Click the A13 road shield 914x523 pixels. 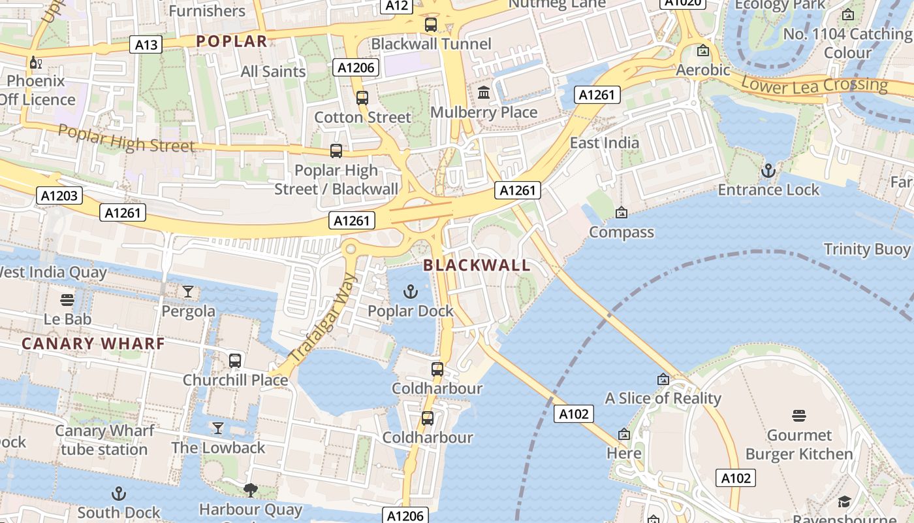[146, 44]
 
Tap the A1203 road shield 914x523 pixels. [59, 195]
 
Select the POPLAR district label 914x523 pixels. [232, 41]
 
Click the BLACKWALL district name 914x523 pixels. [477, 265]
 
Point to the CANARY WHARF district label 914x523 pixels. [93, 343]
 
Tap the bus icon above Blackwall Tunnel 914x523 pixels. [431, 25]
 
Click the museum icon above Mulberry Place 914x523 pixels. [484, 93]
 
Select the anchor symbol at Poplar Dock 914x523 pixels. [411, 292]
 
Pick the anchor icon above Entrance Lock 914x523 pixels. [768, 171]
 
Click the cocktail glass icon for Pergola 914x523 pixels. [188, 292]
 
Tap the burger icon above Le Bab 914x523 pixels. [67, 300]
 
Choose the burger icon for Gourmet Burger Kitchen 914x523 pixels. [799, 416]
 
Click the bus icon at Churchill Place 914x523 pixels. [235, 360]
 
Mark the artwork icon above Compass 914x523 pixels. [621, 212]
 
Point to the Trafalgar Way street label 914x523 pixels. [324, 318]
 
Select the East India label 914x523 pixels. [605, 143]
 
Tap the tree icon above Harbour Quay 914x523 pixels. [250, 490]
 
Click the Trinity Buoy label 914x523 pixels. [866, 249]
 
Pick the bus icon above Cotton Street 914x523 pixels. [362, 98]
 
